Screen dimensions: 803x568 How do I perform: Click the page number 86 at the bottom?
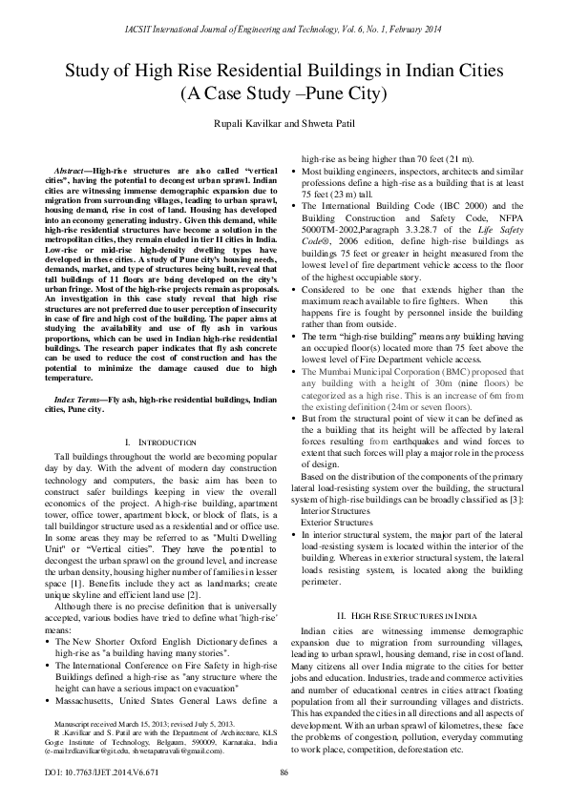point(284,772)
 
